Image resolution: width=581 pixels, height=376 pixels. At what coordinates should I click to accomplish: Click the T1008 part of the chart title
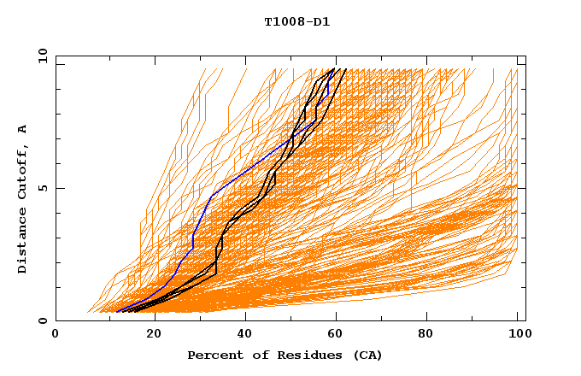[x=281, y=21]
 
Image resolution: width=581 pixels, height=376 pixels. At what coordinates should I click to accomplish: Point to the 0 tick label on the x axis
[x=56, y=335]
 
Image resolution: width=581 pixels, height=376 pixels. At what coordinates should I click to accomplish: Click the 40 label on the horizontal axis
[x=246, y=335]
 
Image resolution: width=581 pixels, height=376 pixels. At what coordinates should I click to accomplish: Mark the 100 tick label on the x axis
[x=518, y=335]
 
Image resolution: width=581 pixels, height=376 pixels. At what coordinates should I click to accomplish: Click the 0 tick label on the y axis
[x=42, y=320]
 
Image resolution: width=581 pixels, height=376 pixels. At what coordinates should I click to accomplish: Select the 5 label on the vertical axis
[x=42, y=188]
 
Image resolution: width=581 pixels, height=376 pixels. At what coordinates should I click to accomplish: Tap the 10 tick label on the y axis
[x=42, y=56]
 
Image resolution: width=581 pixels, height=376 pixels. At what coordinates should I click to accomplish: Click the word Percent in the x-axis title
[x=213, y=355]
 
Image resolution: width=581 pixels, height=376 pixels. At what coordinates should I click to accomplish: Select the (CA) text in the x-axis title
[x=366, y=355]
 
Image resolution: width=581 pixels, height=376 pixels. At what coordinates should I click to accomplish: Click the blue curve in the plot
[x=224, y=181]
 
